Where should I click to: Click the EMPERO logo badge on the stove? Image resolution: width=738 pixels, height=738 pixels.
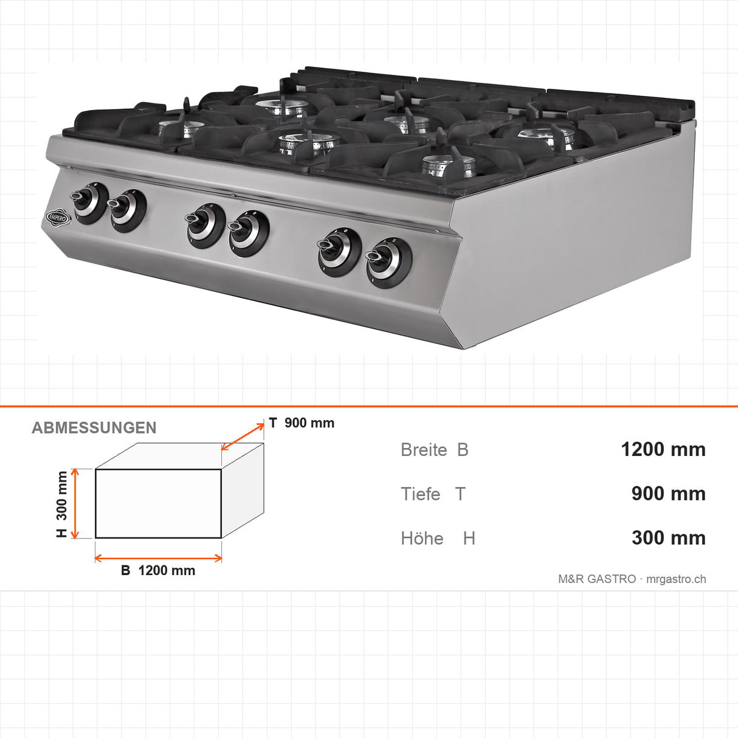pos(58,218)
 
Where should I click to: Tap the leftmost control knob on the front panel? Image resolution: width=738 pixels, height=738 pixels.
pos(89,203)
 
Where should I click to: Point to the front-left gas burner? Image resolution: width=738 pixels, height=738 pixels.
pos(183,128)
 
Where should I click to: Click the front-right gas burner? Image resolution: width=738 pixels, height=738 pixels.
pos(447,167)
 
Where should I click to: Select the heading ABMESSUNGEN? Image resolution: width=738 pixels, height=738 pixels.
pos(94,428)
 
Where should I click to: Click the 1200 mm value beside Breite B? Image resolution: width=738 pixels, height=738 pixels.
pos(663,449)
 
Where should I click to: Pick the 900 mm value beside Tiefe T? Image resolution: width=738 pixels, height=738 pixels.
pos(668,494)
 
